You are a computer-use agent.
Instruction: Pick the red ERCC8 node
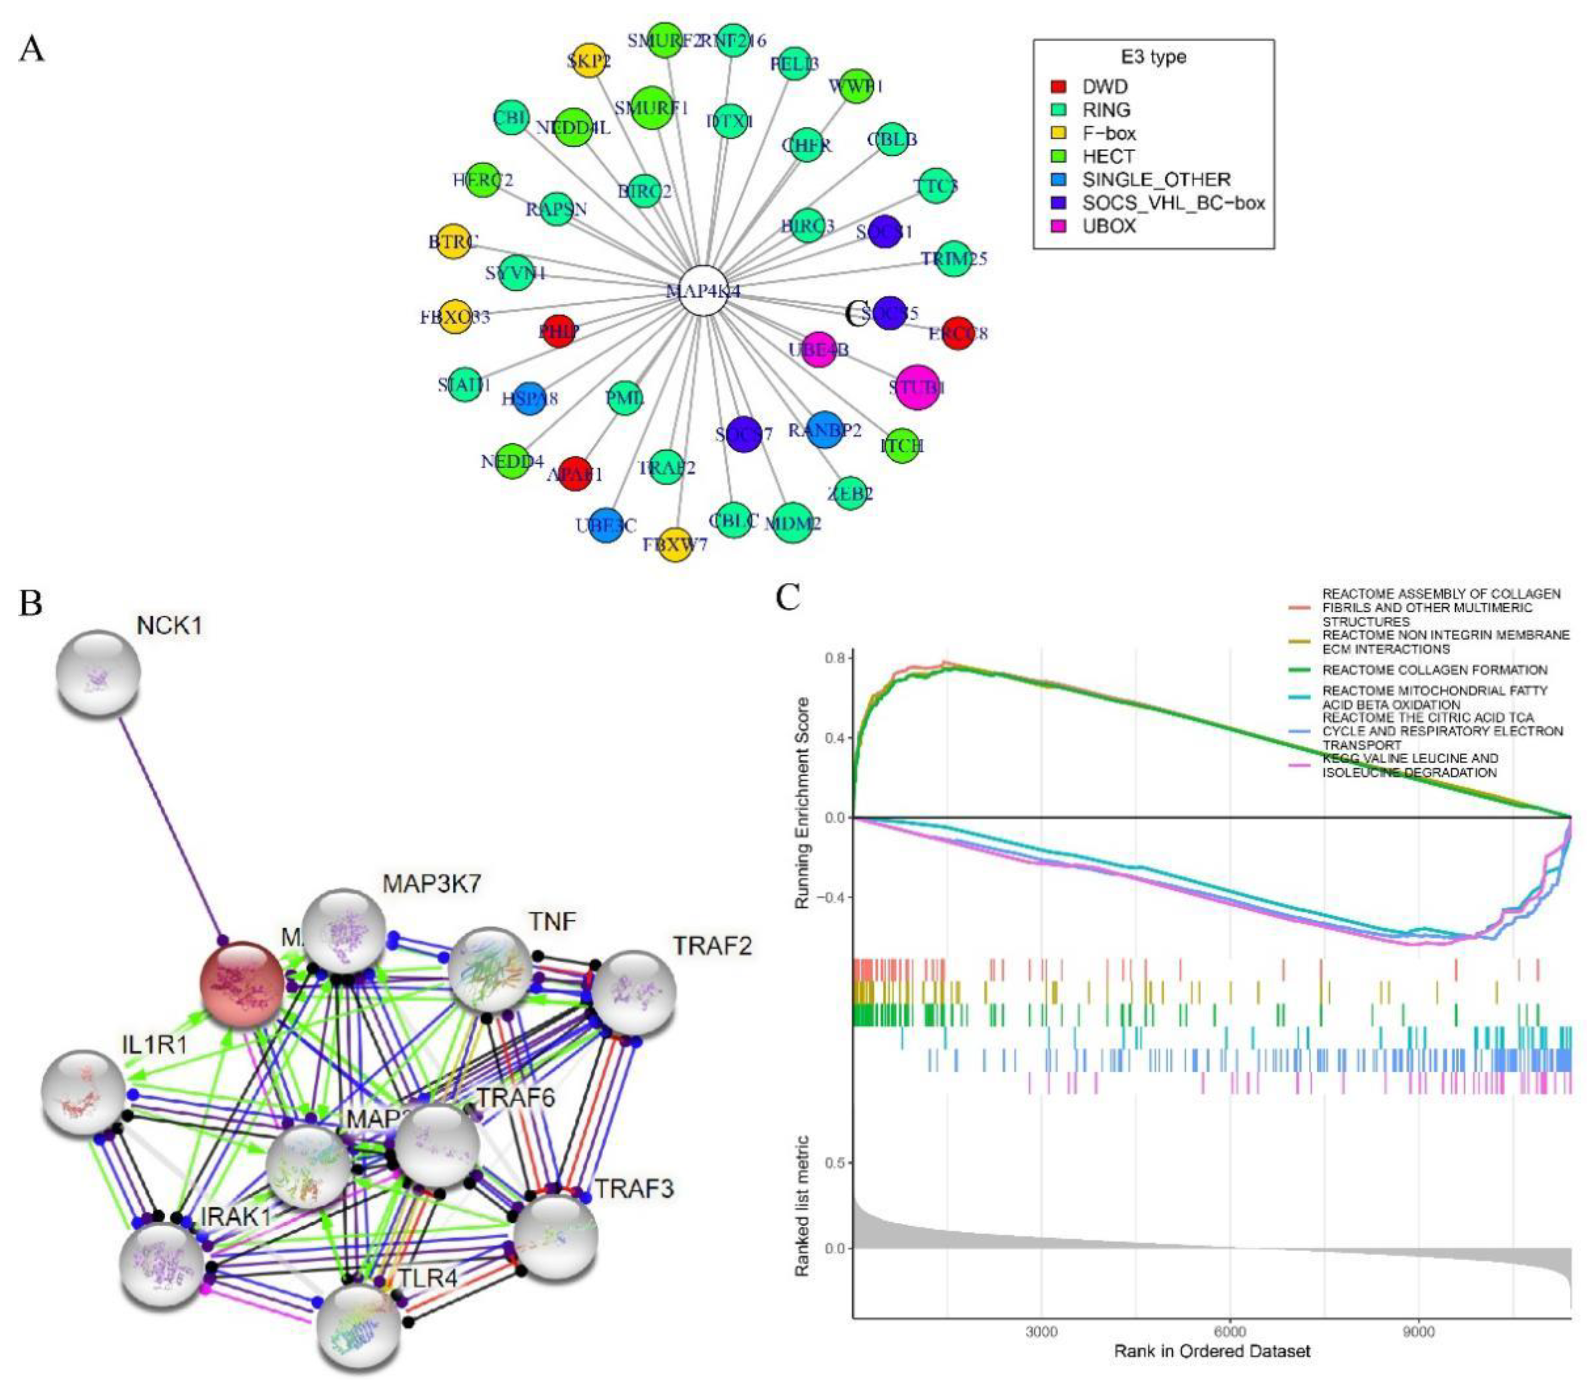pyautogui.click(x=957, y=333)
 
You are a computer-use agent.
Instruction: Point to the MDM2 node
pyautogui.click(x=793, y=524)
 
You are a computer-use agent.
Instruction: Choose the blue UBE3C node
pyautogui.click(x=607, y=526)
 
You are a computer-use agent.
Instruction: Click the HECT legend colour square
pyautogui.click(x=1058, y=156)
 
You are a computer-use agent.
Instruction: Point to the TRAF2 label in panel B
pyautogui.click(x=711, y=946)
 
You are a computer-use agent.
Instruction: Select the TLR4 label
pyautogui.click(x=428, y=1277)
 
